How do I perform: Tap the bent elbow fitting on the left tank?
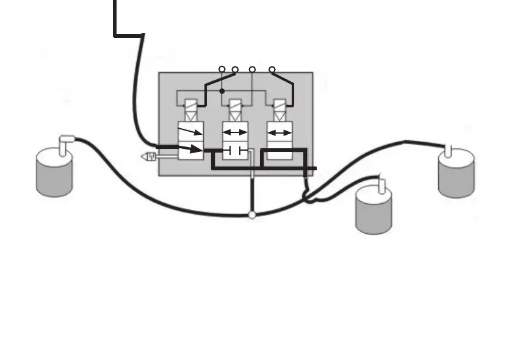coord(65,141)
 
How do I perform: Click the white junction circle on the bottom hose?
coord(252,215)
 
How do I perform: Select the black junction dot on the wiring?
coord(222,91)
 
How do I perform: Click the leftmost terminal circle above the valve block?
coord(222,70)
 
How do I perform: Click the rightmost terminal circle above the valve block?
coord(272,70)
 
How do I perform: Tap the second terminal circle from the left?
coord(235,70)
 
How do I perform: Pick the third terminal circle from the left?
coord(253,70)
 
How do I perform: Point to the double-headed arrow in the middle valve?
coord(235,132)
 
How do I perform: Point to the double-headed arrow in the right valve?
coord(280,132)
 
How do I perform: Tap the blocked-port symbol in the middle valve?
coord(235,150)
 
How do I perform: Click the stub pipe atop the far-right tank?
coord(450,151)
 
